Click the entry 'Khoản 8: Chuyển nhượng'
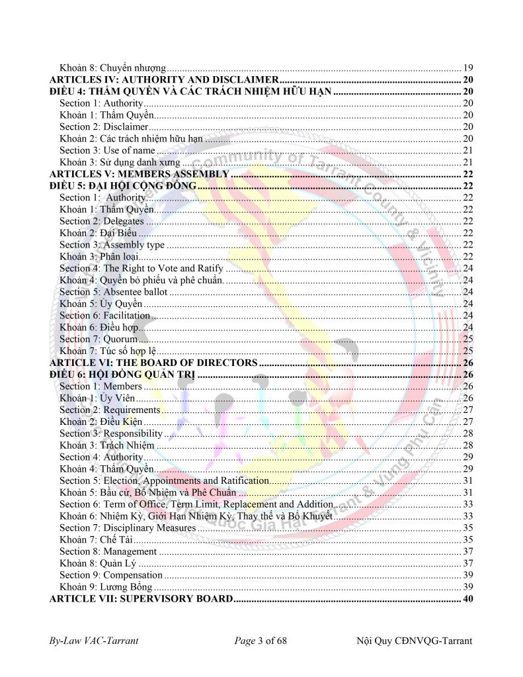112,68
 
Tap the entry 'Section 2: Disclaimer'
104,126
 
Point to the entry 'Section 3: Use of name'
107,150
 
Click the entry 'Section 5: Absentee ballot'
114,292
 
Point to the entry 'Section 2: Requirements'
110,410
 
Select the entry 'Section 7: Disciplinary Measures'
128,527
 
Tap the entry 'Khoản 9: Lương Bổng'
106,587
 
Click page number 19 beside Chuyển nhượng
467,68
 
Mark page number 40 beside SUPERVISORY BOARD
467,599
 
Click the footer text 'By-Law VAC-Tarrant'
94,641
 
